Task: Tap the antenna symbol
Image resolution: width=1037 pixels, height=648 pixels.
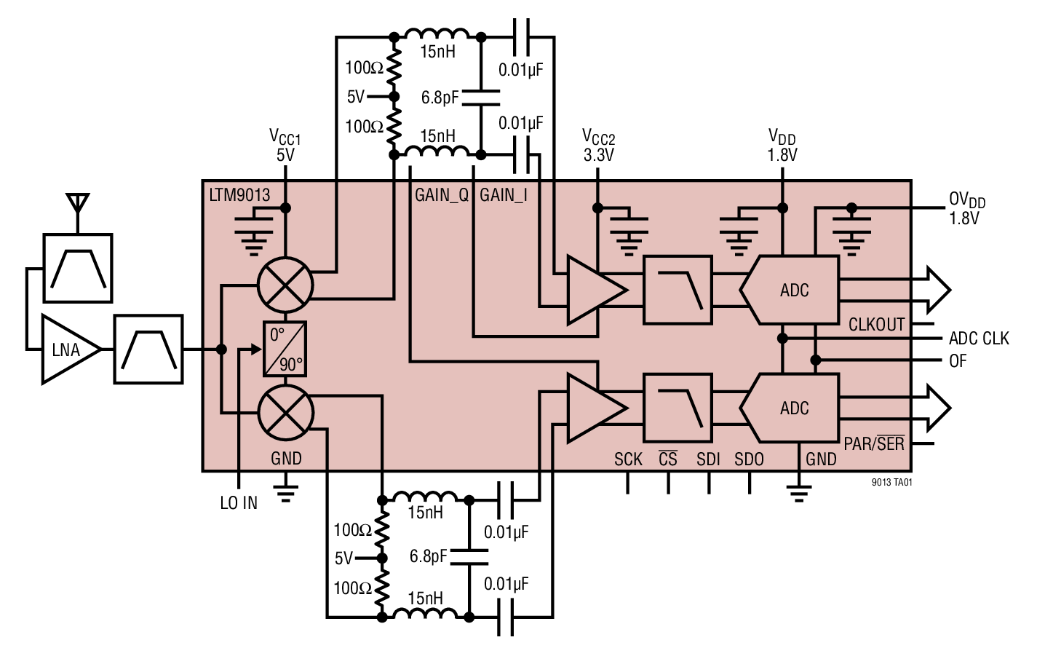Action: pos(77,204)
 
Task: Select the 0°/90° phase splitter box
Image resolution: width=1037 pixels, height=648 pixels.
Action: pos(285,349)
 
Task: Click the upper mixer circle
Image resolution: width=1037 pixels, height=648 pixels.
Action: pos(285,285)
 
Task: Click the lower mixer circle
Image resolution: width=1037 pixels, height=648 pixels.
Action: pos(285,413)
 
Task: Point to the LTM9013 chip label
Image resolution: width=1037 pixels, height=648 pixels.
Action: pos(239,195)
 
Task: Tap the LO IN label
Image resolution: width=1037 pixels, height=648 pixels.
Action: pos(239,503)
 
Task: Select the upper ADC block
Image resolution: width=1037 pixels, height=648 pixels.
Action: pos(793,290)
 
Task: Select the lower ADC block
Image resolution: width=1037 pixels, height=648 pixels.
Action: pos(793,408)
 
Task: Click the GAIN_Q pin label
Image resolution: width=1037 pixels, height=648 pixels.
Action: pos(441,195)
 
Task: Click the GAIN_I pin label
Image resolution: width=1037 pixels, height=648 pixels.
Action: pos(504,195)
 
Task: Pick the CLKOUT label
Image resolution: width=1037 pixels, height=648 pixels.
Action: pos(876,325)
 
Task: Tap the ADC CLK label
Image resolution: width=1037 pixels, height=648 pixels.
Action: pos(979,339)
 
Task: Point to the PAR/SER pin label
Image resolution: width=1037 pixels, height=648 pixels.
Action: pos(874,443)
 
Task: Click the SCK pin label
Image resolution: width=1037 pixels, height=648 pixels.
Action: pos(628,459)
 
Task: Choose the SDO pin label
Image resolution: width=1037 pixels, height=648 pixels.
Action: pos(749,459)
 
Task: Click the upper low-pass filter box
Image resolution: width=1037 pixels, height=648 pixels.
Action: pos(678,290)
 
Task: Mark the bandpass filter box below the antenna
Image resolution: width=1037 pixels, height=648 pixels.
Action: pos(78,268)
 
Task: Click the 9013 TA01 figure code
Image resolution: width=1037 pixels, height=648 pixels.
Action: pos(891,483)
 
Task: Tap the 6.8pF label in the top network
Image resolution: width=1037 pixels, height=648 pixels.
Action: pos(440,98)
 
